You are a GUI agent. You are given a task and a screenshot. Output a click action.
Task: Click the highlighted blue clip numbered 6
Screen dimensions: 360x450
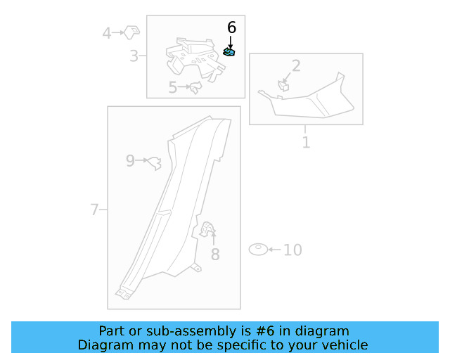229,51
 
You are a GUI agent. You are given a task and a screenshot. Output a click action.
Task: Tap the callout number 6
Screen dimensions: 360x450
231,27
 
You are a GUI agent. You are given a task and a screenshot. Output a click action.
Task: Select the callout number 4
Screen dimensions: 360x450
107,32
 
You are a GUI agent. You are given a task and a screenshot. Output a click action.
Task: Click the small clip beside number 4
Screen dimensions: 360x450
131,31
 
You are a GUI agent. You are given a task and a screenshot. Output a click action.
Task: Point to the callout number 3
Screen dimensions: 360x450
134,56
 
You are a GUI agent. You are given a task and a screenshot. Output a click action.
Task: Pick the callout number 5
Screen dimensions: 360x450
173,88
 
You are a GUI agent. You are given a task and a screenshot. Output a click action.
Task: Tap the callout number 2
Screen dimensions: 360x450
296,66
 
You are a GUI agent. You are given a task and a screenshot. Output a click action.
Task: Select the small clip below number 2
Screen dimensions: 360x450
285,86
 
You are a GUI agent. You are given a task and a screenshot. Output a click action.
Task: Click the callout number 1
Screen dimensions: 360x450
306,143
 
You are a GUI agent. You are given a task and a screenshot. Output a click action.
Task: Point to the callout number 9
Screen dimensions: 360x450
130,161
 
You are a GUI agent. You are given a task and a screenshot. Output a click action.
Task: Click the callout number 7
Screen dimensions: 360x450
94,210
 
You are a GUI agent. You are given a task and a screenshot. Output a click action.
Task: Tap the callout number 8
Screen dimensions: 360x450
215,255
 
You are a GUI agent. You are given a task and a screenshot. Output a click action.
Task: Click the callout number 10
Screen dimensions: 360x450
292,250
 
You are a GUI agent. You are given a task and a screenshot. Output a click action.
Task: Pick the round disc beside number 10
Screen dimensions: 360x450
259,249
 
